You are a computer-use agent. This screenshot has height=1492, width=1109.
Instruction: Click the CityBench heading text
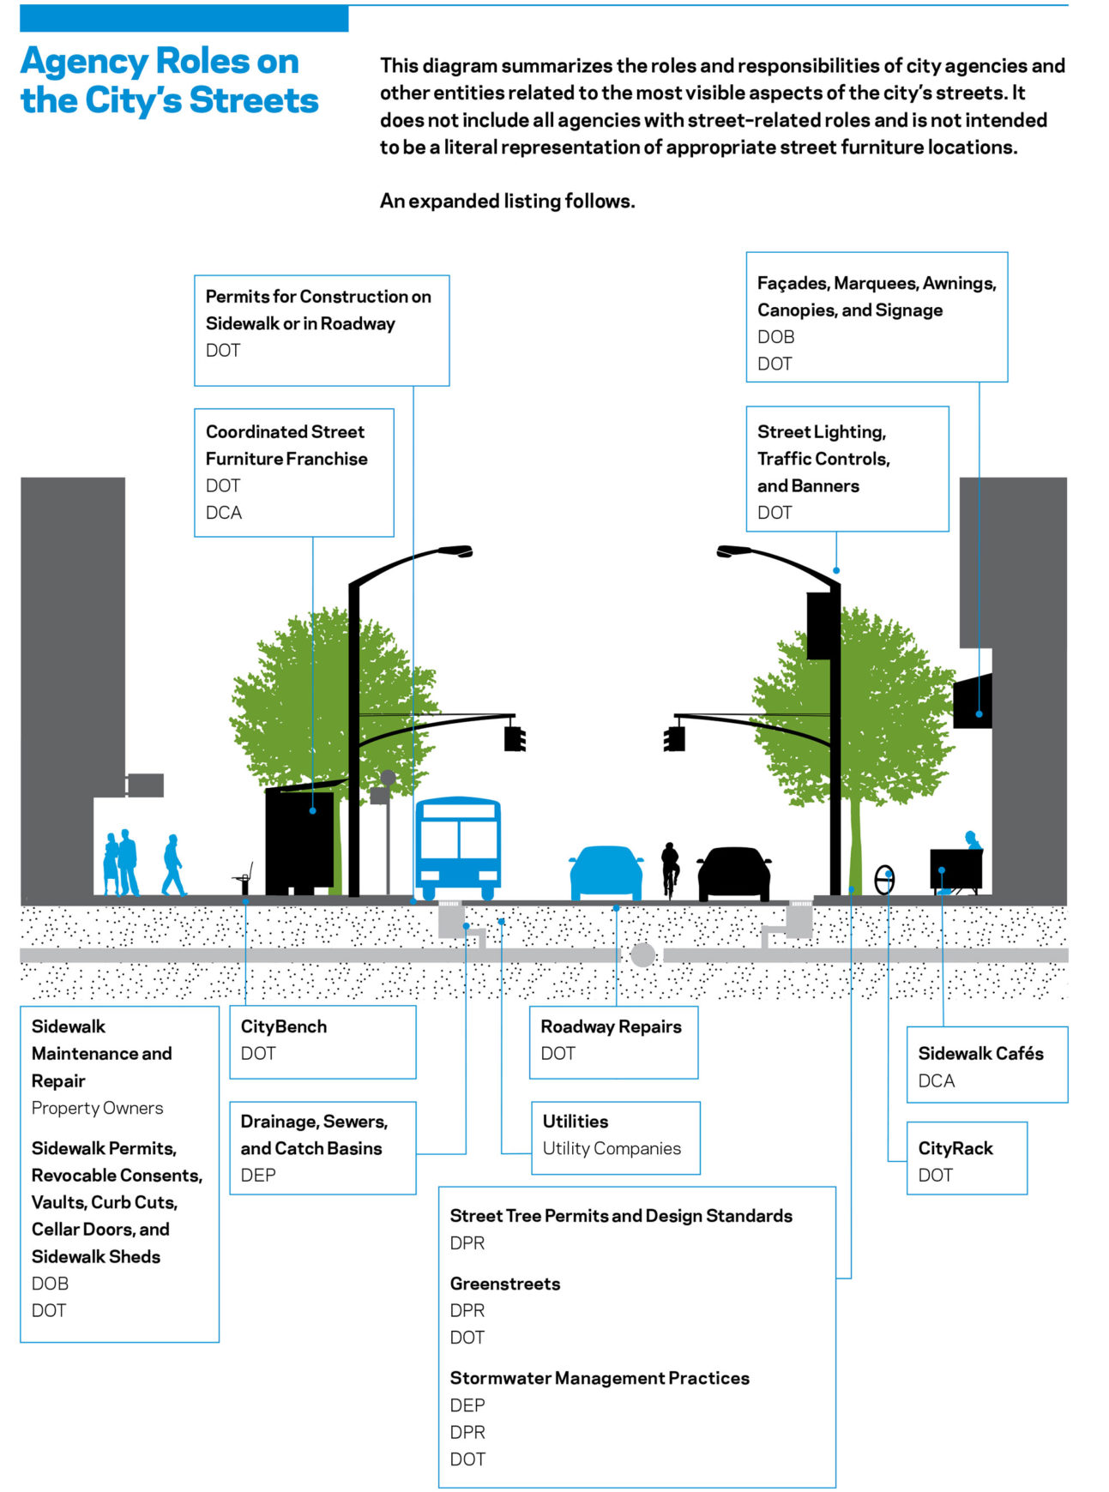[x=283, y=1026]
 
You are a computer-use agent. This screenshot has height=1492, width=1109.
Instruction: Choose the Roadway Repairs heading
[x=611, y=1026]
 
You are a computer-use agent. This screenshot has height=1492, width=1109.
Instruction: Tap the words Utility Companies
[x=612, y=1148]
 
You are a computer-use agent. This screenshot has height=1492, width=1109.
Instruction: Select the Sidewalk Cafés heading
[x=980, y=1053]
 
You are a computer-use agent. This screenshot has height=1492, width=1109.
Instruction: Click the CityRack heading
[x=955, y=1148]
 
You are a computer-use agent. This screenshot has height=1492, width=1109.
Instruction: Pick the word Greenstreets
[x=504, y=1284]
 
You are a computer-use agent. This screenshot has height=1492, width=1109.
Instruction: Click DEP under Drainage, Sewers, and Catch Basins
[x=258, y=1175]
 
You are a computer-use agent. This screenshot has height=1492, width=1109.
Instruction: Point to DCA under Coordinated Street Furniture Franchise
[x=224, y=512]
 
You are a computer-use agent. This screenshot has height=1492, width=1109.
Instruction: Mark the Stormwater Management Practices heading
[x=600, y=1378]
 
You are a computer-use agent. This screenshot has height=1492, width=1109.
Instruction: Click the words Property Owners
[x=97, y=1108]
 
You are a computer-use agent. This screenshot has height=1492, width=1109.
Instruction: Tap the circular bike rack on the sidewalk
[x=884, y=879]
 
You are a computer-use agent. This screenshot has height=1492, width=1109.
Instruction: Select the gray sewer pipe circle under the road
[x=642, y=954]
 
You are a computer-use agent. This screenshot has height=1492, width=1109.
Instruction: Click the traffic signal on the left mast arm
[x=515, y=738]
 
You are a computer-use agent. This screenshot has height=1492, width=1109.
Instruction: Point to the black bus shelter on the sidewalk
[x=298, y=840]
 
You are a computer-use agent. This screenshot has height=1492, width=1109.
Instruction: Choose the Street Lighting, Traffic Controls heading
[x=822, y=445]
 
